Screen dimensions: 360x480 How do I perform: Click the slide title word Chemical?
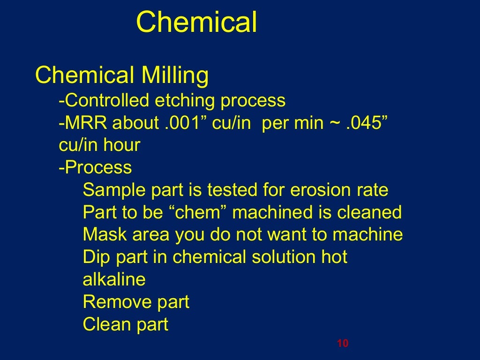[196, 22]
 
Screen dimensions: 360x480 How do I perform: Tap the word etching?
[185, 100]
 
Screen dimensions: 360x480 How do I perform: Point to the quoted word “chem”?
[201, 213]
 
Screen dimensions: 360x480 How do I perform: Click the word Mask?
[103, 234]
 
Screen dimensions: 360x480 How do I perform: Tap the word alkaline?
[114, 280]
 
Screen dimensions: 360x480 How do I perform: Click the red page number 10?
[343, 344]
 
